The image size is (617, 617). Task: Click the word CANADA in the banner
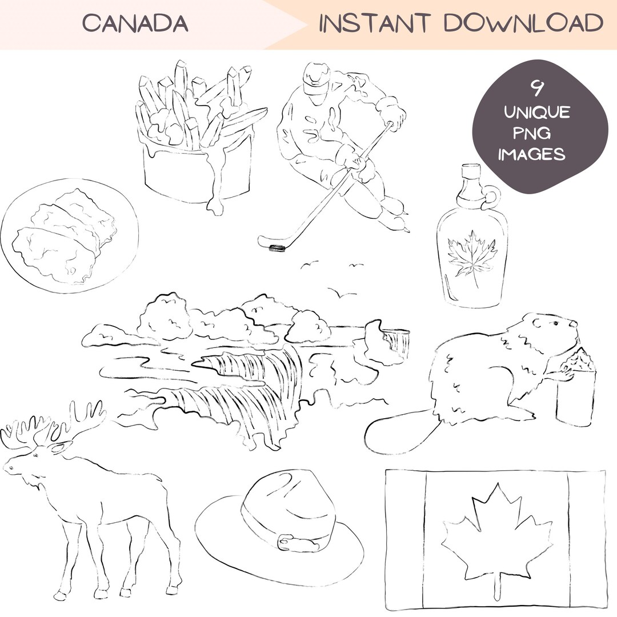(x=135, y=23)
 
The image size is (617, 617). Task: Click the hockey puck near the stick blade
(x=277, y=247)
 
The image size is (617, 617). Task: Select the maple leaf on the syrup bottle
(x=472, y=254)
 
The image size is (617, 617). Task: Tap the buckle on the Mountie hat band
(x=285, y=539)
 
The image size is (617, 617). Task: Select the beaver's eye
(x=554, y=323)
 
